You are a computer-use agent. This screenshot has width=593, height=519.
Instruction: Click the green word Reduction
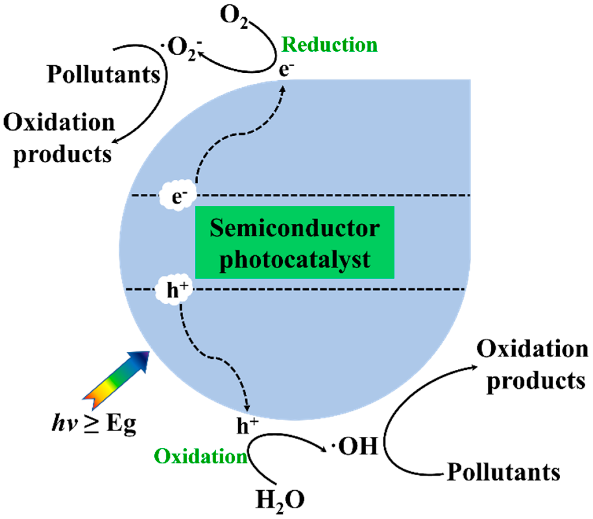tap(330, 45)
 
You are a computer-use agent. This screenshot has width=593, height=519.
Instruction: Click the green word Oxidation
tap(200, 456)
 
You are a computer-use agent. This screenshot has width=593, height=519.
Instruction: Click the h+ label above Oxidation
tap(246, 426)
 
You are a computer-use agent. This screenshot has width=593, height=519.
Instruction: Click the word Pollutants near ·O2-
tap(103, 75)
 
